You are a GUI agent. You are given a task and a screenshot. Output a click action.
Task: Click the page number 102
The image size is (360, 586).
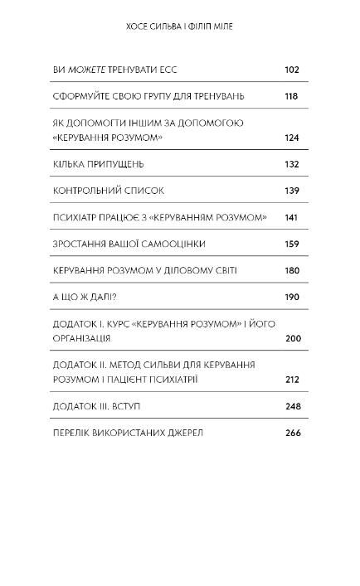[x=291, y=70]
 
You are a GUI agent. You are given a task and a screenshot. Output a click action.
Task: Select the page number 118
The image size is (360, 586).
[x=291, y=97]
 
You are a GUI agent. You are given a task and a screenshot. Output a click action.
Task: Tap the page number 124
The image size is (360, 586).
[x=291, y=138]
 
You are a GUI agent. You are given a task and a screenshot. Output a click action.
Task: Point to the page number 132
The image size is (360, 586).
[x=291, y=164]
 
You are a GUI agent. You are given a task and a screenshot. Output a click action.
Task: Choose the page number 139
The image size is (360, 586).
[x=291, y=191]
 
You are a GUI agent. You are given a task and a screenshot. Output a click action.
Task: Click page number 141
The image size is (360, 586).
[x=291, y=217]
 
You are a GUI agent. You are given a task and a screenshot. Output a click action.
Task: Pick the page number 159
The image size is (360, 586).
[x=291, y=244]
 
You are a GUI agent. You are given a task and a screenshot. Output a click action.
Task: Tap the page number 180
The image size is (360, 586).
[x=291, y=270]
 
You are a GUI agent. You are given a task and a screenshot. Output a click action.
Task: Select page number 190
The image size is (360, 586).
[x=291, y=297]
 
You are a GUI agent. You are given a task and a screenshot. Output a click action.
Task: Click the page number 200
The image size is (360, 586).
[x=291, y=338]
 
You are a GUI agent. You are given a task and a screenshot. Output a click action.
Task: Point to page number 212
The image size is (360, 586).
[x=291, y=380]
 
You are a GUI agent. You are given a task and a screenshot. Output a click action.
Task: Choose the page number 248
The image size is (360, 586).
[x=291, y=406]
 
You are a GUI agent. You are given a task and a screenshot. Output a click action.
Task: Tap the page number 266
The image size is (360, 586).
[x=291, y=433]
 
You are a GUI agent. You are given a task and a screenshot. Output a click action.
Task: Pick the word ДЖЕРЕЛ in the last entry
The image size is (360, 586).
[x=184, y=433]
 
